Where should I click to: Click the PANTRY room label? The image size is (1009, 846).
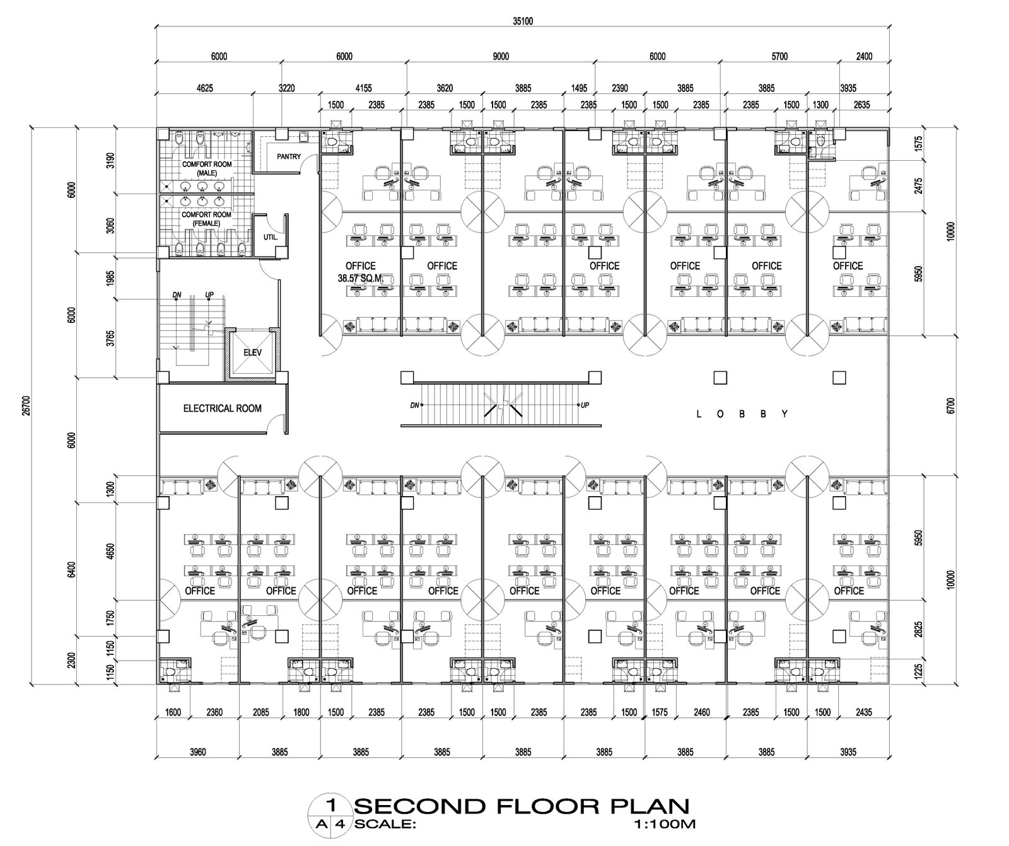pos(289,157)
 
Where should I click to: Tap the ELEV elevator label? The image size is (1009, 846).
pos(252,353)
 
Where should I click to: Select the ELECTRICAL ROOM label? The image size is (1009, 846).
pos(222,409)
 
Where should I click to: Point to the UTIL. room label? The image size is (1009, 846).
pos(270,238)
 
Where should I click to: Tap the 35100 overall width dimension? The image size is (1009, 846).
pos(522,21)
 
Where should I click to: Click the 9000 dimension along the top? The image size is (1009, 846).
pos(500,57)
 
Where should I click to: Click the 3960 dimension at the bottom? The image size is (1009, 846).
pos(197,752)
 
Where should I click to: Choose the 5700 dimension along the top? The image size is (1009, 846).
pos(779,57)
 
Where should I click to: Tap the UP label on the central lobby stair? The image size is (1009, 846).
pos(585,405)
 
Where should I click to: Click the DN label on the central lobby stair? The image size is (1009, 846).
pos(414,405)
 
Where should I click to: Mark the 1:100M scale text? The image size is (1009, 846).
pos(666,823)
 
